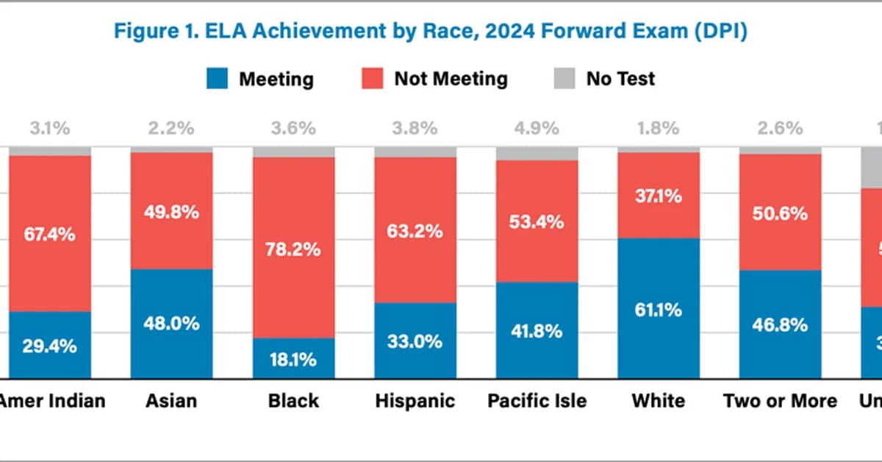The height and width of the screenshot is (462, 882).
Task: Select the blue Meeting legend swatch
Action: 218,78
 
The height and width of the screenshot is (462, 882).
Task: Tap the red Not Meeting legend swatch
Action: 373,78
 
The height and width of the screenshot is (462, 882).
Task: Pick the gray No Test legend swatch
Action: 563,78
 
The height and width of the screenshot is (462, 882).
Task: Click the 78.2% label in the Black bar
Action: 294,249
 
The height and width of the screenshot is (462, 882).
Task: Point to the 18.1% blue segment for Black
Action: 294,359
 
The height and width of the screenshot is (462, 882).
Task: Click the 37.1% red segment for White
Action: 659,196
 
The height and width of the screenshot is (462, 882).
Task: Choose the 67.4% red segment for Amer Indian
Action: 50,234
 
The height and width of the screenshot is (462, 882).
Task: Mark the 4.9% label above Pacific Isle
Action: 536,128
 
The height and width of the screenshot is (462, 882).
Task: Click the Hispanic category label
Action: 415,401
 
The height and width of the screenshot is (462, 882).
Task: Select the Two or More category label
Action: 780,401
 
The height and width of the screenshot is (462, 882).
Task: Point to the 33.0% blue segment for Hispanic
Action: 415,341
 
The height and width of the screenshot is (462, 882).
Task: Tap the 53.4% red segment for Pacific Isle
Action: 537,221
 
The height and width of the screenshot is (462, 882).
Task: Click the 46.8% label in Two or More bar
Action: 780,324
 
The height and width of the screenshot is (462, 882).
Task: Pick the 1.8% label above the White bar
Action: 658,128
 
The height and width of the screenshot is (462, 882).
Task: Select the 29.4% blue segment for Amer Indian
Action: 50,346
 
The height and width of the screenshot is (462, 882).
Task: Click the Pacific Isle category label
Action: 537,401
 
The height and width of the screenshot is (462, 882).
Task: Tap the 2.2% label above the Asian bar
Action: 172,128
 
